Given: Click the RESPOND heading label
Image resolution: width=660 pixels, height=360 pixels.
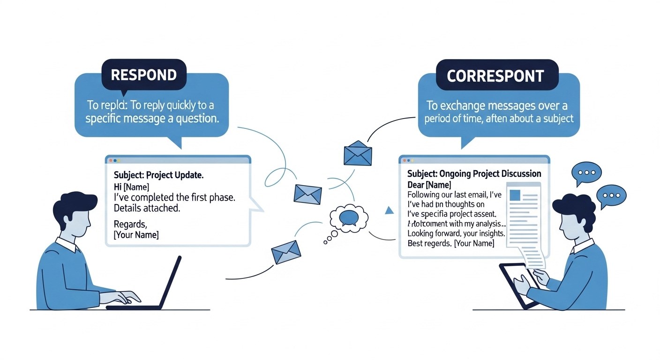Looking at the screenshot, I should point(143,75).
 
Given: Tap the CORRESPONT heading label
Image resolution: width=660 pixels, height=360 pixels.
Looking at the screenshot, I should point(495,76).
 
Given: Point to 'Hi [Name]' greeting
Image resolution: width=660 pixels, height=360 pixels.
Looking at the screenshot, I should point(132,187).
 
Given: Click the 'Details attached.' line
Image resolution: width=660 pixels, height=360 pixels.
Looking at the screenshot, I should point(147,208).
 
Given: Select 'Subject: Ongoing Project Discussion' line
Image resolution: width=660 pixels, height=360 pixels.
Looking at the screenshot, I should point(474,174).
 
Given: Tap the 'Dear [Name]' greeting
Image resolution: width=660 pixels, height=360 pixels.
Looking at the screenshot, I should point(429,185).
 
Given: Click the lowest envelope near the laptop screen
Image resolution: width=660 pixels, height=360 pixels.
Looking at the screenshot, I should point(286,252).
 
